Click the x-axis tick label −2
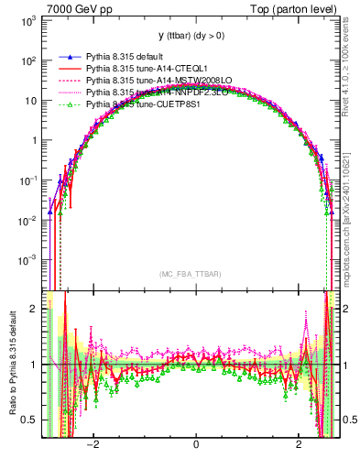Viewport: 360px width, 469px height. (93, 445)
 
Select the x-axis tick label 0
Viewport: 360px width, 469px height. (196, 445)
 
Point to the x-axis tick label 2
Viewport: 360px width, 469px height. (299, 445)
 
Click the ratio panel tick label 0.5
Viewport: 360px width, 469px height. (30, 420)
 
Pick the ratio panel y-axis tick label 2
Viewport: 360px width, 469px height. (35, 309)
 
